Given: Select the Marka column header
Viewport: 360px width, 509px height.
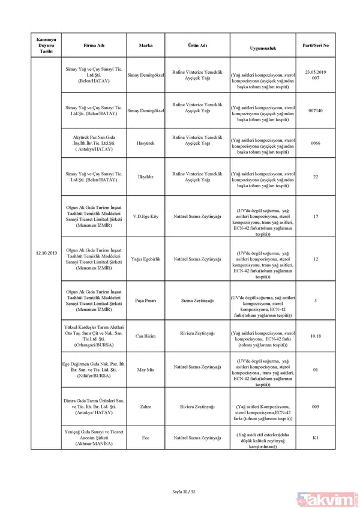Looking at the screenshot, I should (x=145, y=46).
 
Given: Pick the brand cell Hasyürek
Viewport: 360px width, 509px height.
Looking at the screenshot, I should (x=145, y=143).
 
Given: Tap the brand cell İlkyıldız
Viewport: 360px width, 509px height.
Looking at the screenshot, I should (x=145, y=176).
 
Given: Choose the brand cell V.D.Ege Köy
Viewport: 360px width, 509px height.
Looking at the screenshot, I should (x=145, y=215).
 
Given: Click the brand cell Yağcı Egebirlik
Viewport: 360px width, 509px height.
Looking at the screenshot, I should (x=145, y=259).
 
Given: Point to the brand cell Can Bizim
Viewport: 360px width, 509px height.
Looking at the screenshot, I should (x=145, y=336).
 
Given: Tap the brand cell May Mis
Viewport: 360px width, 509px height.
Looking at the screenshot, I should (x=145, y=370).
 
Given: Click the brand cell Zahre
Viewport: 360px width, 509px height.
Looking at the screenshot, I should (x=145, y=406).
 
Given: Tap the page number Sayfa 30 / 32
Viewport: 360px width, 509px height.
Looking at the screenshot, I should (x=180, y=492).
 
